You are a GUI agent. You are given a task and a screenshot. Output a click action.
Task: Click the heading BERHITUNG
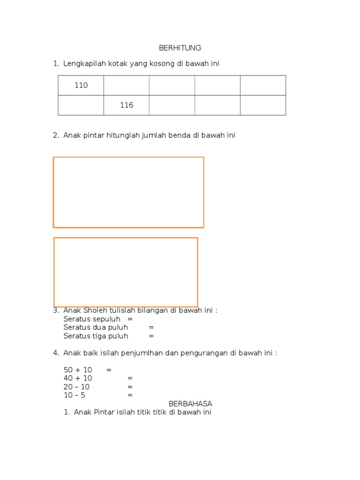180,48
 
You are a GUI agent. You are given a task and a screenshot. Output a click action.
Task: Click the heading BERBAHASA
190,404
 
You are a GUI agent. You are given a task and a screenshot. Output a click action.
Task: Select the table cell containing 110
81,85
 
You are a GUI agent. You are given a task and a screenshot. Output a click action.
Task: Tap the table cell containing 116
127,105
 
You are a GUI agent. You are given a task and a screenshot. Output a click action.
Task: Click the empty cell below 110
81,105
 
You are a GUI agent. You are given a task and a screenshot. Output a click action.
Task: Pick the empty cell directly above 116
127,85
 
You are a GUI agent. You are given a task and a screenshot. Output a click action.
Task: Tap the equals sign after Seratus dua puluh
151,327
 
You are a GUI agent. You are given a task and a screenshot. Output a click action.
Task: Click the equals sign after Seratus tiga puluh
151,336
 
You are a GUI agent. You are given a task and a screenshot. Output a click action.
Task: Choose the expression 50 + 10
78,370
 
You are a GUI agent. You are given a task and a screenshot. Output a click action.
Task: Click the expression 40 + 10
78,378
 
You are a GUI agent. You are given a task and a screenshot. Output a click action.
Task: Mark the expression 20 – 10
76,387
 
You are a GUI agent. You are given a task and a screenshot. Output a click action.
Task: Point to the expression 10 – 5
75,395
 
